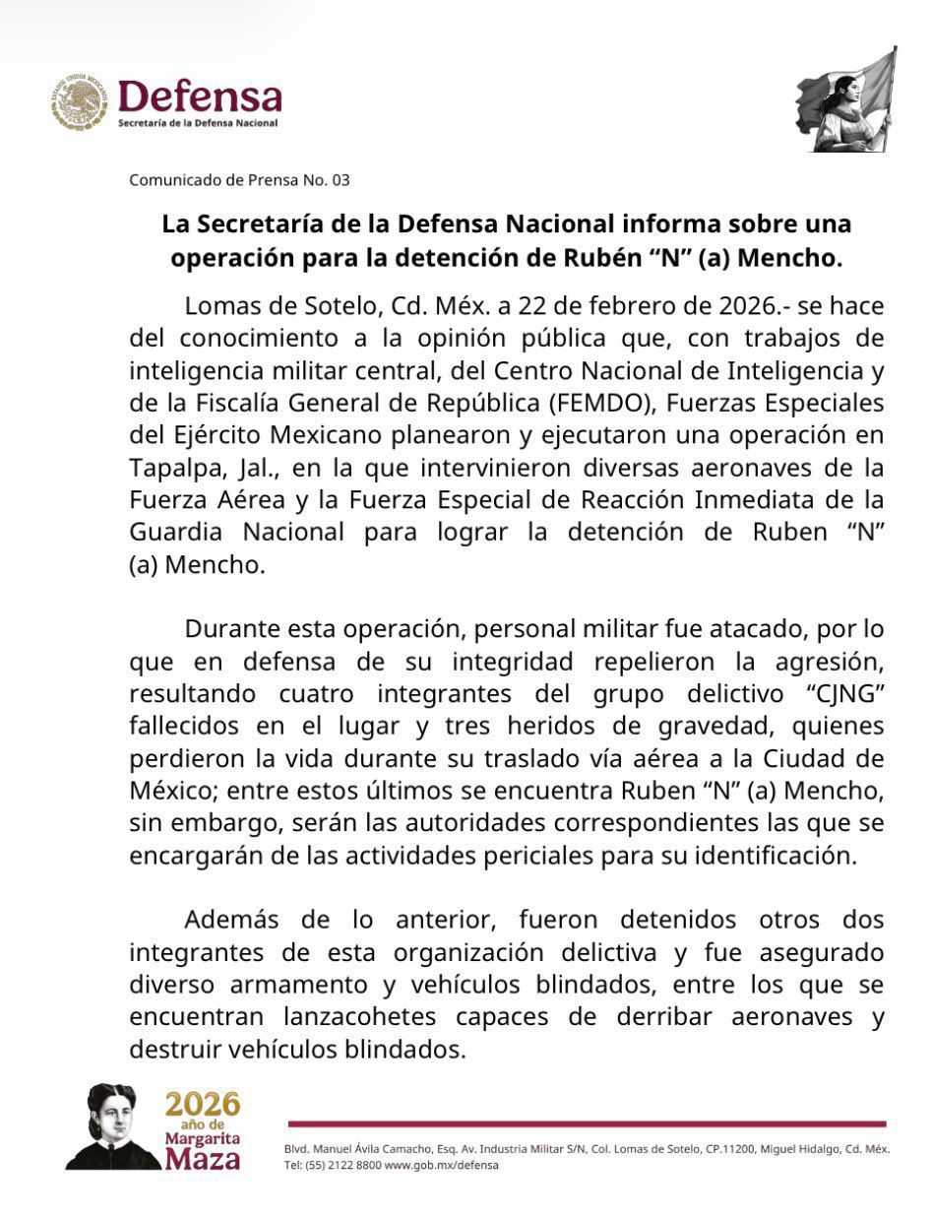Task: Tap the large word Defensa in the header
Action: click(x=200, y=96)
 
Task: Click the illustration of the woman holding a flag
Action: click(x=846, y=101)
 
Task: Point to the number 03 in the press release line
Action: click(x=341, y=180)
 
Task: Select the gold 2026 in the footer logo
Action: click(x=202, y=1103)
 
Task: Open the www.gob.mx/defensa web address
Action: click(x=441, y=1165)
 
